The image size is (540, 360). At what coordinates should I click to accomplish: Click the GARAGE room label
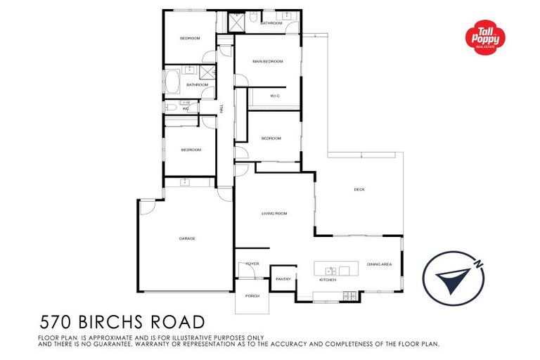(x=186, y=238)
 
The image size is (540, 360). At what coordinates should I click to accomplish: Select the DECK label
(x=359, y=189)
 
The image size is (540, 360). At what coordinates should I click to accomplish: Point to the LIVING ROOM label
(x=274, y=213)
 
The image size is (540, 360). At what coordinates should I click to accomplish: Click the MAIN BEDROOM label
(x=268, y=61)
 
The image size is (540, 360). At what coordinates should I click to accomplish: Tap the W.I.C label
(x=275, y=96)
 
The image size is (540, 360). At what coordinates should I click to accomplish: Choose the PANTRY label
(x=283, y=279)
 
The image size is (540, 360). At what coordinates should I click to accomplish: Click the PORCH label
(x=252, y=296)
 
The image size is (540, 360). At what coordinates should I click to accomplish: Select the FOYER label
(x=252, y=264)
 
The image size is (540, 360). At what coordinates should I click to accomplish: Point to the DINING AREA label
(x=379, y=264)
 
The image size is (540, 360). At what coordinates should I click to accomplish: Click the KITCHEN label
(x=328, y=280)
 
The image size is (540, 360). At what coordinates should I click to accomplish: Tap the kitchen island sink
(x=328, y=270)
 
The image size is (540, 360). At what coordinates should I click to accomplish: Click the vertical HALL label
(x=221, y=110)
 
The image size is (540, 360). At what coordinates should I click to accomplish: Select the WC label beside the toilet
(x=186, y=109)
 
